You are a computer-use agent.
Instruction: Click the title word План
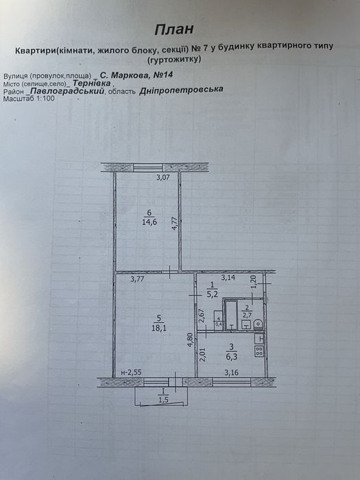[174, 29]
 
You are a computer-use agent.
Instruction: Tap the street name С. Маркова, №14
[137, 75]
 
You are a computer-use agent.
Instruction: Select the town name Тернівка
[92, 83]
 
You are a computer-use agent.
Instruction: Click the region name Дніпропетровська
[181, 91]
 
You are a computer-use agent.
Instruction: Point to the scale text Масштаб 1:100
[29, 99]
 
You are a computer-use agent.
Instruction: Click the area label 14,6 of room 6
[149, 222]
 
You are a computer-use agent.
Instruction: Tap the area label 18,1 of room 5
[158, 328]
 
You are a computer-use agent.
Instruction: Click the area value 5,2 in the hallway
[213, 296]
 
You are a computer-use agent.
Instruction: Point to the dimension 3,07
[163, 177]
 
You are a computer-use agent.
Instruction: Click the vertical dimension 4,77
[175, 224]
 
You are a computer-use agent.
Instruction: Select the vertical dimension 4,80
[191, 340]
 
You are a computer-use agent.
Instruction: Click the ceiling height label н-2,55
[132, 373]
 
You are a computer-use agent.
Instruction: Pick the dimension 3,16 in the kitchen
[232, 372]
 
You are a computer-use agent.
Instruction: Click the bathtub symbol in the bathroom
[231, 315]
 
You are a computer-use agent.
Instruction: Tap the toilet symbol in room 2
[259, 324]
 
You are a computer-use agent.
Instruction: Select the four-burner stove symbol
[259, 351]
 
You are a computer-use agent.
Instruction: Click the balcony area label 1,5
[163, 400]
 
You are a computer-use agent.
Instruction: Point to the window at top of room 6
[147, 167]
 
